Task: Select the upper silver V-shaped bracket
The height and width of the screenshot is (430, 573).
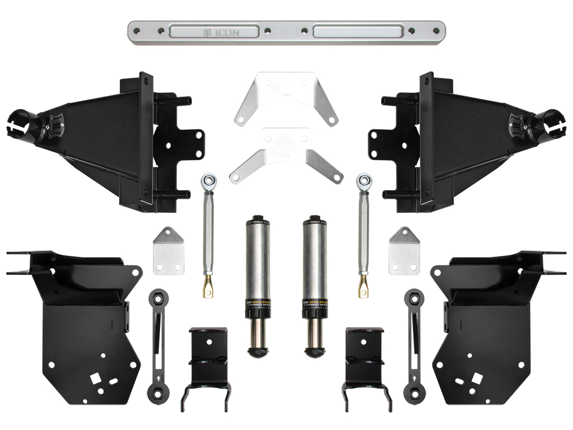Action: [x=286, y=97]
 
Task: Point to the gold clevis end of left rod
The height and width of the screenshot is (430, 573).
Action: [x=208, y=288]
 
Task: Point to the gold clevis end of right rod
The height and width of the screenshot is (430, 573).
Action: [x=364, y=288]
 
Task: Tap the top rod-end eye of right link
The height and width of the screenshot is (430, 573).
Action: [x=364, y=180]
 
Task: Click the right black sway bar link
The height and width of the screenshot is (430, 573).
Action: [x=414, y=344]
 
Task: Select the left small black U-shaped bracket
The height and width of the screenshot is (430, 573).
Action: [x=208, y=364]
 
